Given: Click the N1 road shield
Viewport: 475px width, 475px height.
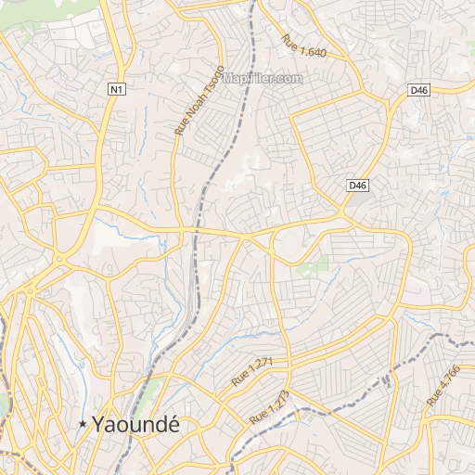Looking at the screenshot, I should coord(115,89).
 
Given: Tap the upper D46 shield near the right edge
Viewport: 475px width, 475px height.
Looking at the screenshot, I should coord(418,90).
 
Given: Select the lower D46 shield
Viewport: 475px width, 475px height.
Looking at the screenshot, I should coord(358,186).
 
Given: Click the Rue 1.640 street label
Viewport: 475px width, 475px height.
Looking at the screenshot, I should coord(304,45).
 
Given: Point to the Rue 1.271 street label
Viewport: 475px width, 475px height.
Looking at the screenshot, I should coord(251,372).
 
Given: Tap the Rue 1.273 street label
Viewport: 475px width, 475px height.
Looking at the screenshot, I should coord(270,408).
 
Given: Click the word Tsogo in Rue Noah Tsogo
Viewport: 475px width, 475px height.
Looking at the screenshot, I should coord(209,84).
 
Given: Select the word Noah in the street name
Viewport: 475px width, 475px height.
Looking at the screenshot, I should coord(190,112).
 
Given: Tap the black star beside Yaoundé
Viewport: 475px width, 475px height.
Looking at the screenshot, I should coord(83,424).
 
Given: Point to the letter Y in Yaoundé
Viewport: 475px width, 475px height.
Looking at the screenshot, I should coord(98,424).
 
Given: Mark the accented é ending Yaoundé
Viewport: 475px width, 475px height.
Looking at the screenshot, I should coord(173,423).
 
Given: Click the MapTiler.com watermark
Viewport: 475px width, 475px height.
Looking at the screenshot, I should coord(263,79).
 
